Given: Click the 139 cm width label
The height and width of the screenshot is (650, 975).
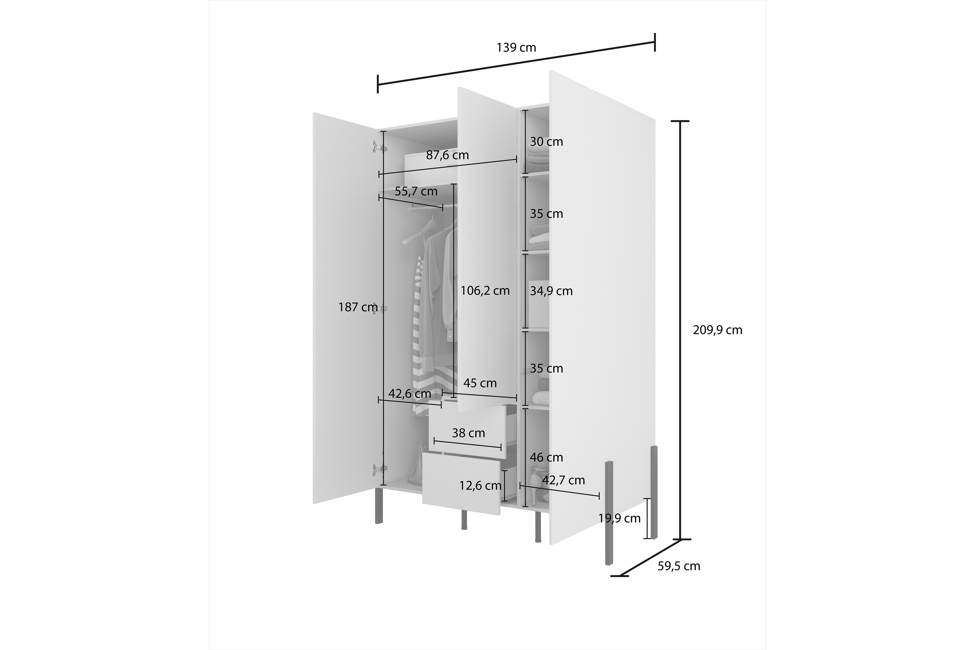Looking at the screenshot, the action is point(516,48).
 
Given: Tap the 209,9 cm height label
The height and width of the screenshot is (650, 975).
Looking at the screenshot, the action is point(717,330).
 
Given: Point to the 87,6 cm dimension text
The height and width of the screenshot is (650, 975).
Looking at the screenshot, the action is point(447,155).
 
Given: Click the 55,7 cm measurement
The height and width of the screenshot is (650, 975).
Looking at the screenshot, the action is point(416,191).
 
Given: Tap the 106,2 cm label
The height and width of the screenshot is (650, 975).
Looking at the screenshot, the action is point(485,291).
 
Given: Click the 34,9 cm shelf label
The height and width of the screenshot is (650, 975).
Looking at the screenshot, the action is point(551,291).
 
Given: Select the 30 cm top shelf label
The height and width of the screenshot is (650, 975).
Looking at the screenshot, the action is point(546,142).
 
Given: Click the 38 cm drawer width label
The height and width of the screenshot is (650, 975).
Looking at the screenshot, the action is point(469,433).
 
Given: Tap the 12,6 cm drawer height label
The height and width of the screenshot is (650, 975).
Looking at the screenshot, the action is point(480,485).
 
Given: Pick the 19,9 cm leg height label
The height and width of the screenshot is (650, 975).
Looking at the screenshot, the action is point(619,518).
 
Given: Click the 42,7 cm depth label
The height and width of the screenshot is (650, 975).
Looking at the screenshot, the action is point(563,480).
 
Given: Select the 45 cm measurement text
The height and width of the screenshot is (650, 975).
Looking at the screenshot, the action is point(480,383).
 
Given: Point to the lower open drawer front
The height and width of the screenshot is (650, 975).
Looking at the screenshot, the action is point(461,484).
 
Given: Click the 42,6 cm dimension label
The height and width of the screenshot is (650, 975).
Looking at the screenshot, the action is point(409,394).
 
